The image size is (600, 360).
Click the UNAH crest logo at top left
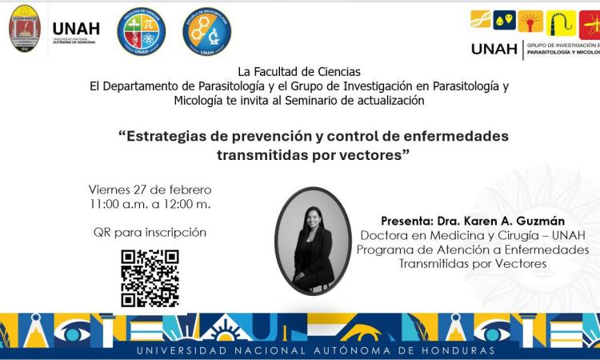coord(24,29)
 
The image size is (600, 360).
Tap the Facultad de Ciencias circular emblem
coord(142,31)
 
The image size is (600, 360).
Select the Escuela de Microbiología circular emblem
coord(207,31)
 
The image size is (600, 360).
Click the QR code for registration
coord(150,278)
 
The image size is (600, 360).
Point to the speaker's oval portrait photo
coord(313,241)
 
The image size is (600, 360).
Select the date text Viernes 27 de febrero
coord(150,190)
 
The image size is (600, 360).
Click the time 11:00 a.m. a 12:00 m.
coord(150,205)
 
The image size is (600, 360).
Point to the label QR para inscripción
coord(150,233)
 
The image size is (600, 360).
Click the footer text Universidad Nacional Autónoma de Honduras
coord(316,350)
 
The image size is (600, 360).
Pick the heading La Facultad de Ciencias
coord(298,72)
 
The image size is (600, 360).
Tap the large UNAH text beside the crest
coord(76,28)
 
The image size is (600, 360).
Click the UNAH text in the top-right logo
coord(494,49)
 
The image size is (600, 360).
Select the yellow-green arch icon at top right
coord(561,21)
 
